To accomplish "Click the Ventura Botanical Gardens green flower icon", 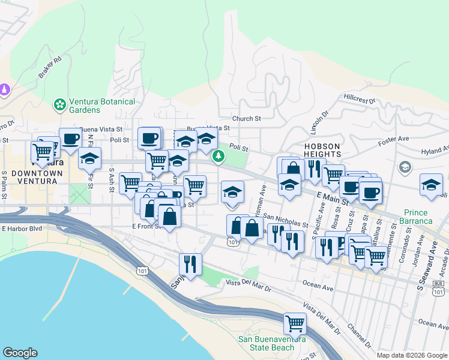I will coord(60,105).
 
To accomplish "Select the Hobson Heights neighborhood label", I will coord(322,150).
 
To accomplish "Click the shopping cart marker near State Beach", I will coord(295,323).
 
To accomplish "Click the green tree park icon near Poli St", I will coord(219,157).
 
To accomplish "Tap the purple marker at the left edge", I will coord(5,89).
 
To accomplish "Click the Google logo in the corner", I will coord(20,353).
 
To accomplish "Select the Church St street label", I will coord(247,119).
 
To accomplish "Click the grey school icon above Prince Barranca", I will coord(405,167).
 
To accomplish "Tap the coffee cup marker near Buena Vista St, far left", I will coord(70,139).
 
